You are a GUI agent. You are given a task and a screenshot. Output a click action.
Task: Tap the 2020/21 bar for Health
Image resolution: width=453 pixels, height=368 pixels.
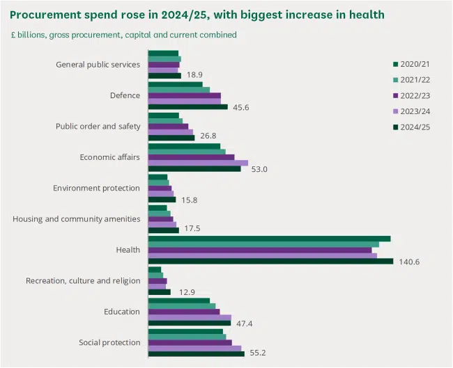269,239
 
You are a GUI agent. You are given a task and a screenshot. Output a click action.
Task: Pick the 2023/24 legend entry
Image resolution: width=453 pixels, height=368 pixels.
415,111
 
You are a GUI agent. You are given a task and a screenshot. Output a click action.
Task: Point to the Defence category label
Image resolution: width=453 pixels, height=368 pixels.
125,95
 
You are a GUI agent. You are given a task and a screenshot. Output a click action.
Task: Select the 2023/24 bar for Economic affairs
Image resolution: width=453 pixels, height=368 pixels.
198,163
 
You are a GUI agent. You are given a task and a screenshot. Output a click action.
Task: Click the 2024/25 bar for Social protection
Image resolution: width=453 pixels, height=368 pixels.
196,353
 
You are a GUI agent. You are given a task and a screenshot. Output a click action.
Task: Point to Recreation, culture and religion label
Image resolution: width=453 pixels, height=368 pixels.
83,280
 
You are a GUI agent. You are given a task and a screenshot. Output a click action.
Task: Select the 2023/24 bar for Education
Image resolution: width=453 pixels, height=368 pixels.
190,317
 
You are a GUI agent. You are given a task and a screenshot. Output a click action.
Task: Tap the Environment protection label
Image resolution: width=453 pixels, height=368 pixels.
97,188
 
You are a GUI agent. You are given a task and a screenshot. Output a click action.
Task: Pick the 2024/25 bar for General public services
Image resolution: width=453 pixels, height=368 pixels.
164,76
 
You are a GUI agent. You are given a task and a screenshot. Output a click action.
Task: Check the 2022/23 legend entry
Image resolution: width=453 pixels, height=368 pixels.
415,95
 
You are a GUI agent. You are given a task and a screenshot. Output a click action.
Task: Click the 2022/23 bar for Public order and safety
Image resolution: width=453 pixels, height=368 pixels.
168,127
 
